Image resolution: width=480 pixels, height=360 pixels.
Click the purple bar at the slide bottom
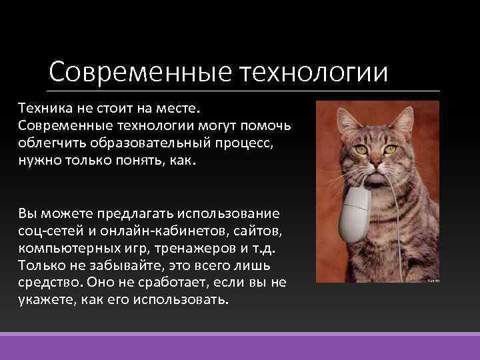click(x=240, y=347)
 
